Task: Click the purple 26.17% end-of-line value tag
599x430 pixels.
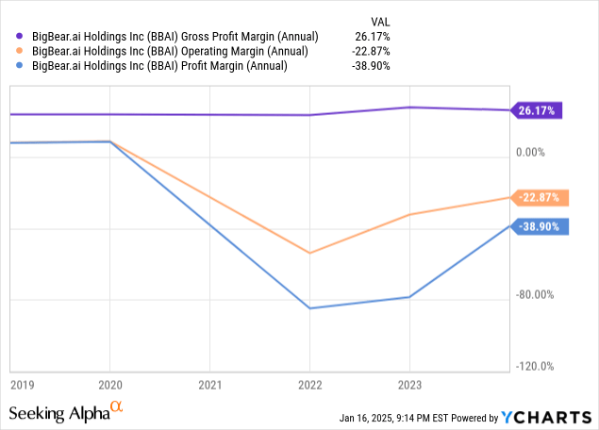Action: pos(537,111)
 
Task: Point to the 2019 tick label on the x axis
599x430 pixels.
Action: pos(22,385)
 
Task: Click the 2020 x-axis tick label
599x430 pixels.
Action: pos(109,385)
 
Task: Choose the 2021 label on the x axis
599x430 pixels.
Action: pos(209,385)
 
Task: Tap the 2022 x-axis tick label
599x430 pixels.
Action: pos(309,385)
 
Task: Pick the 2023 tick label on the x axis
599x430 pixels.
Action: pos(408,385)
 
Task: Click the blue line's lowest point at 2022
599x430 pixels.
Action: pos(309,308)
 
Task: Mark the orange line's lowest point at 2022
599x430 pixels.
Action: pos(309,253)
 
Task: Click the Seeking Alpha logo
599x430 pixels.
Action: pos(66,412)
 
